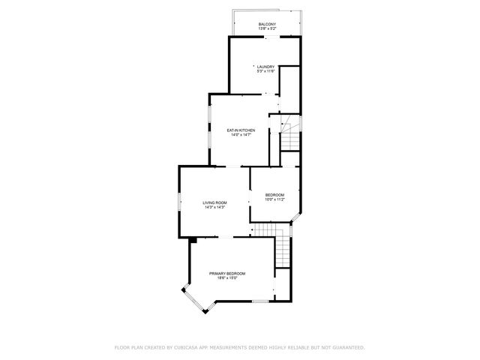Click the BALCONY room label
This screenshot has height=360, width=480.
point(266,25)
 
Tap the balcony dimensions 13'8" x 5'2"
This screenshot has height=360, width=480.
point(266,29)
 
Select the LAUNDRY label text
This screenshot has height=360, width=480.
point(266,66)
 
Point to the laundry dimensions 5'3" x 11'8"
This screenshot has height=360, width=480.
point(266,71)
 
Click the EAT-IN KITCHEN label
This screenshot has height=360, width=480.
point(241,130)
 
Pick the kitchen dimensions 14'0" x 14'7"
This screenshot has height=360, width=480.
point(241,135)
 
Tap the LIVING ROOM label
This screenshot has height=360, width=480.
point(214,202)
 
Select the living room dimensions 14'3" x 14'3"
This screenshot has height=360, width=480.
point(214,208)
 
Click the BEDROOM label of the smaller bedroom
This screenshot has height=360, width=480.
point(274,195)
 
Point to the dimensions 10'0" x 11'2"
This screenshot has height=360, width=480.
point(274,200)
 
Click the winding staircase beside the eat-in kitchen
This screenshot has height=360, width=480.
point(290,135)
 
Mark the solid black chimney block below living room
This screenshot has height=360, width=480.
point(193,240)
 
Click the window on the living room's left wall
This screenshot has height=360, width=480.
point(179,202)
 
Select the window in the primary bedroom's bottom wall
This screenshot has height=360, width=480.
point(259,301)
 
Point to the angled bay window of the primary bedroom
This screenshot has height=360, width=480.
point(193,299)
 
